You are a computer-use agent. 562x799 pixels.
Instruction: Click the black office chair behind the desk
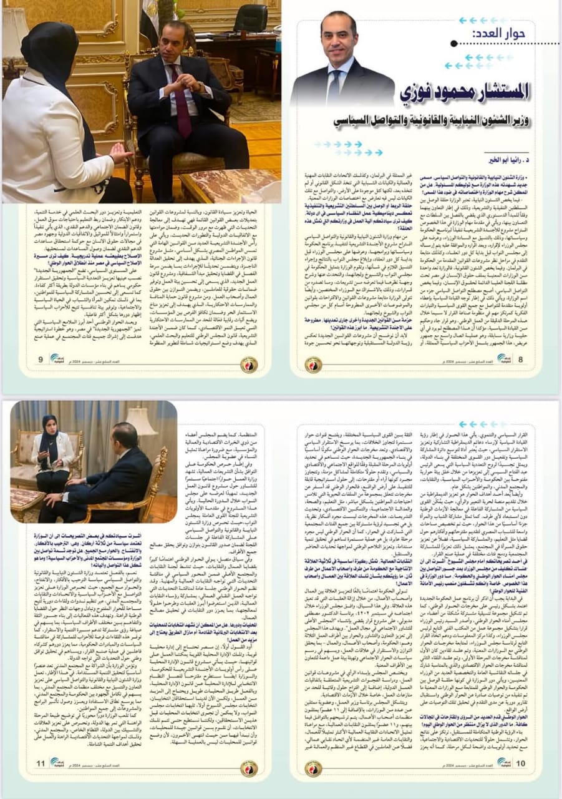coord(251,25)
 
